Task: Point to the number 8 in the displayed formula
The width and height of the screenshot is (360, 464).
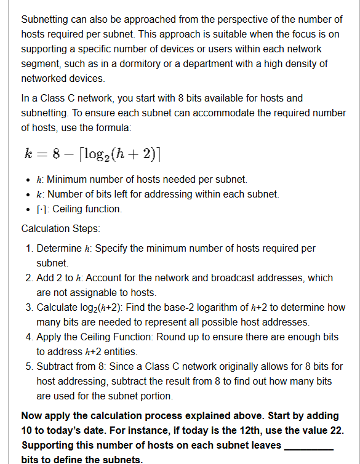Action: pos(57,153)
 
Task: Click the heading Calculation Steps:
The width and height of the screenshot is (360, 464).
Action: pos(60,228)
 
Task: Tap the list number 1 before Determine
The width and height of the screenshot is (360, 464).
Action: pos(30,249)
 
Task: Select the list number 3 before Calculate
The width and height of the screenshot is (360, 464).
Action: pos(30,307)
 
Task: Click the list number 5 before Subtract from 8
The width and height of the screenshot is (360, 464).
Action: pos(30,366)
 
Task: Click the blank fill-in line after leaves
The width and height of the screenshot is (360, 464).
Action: pos(308,445)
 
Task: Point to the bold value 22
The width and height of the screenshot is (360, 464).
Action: pos(334,430)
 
